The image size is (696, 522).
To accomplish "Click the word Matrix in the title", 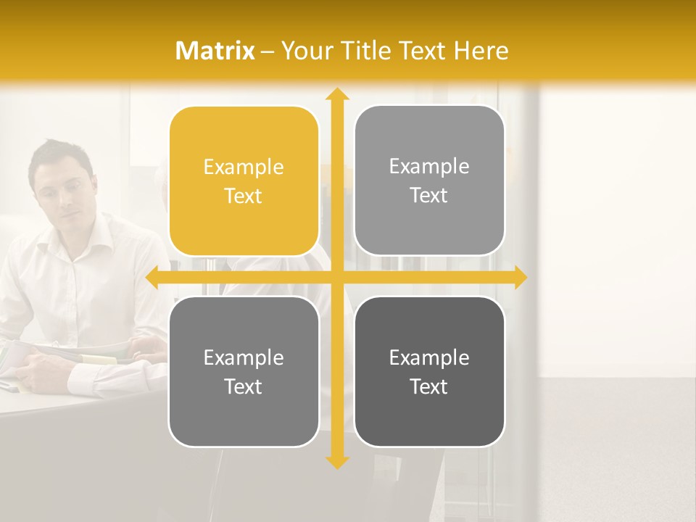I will (215, 51).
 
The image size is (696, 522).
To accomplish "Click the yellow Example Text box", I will (244, 181).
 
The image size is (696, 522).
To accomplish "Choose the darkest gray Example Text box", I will (429, 372).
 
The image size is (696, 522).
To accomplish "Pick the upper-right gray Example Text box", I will (429, 181).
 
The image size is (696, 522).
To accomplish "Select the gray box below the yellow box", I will (244, 372).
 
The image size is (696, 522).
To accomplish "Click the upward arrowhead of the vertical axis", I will (337, 94).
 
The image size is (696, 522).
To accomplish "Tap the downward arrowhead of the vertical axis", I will (337, 462).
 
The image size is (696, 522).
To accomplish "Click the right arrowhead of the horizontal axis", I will (521, 278).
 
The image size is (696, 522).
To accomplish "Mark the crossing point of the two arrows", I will (337, 278).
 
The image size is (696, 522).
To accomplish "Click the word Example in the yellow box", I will (244, 167).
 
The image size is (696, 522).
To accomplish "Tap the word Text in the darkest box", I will (429, 386).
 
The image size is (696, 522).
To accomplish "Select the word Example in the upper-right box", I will (429, 167).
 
